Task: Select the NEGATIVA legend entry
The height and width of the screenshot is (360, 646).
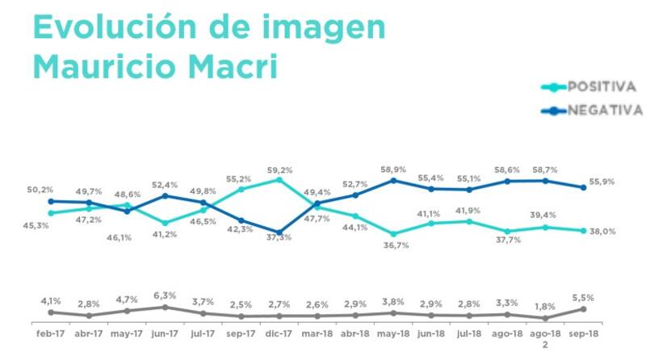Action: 603,110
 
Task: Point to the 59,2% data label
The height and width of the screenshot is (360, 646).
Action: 280,170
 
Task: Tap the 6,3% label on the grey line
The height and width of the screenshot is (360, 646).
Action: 165,295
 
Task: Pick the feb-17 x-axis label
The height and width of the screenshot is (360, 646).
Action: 50,332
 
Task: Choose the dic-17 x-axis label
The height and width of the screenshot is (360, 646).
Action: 279,332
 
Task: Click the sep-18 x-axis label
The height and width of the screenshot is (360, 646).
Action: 584,332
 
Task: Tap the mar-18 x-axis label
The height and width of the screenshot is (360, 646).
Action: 317,332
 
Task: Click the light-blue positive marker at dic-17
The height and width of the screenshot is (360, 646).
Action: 279,180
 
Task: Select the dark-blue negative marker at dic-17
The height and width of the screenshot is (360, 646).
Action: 279,234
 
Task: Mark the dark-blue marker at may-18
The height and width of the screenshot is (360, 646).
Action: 393,180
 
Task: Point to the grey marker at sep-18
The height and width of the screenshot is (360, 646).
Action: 584,308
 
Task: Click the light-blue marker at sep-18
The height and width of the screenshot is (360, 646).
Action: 584,230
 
